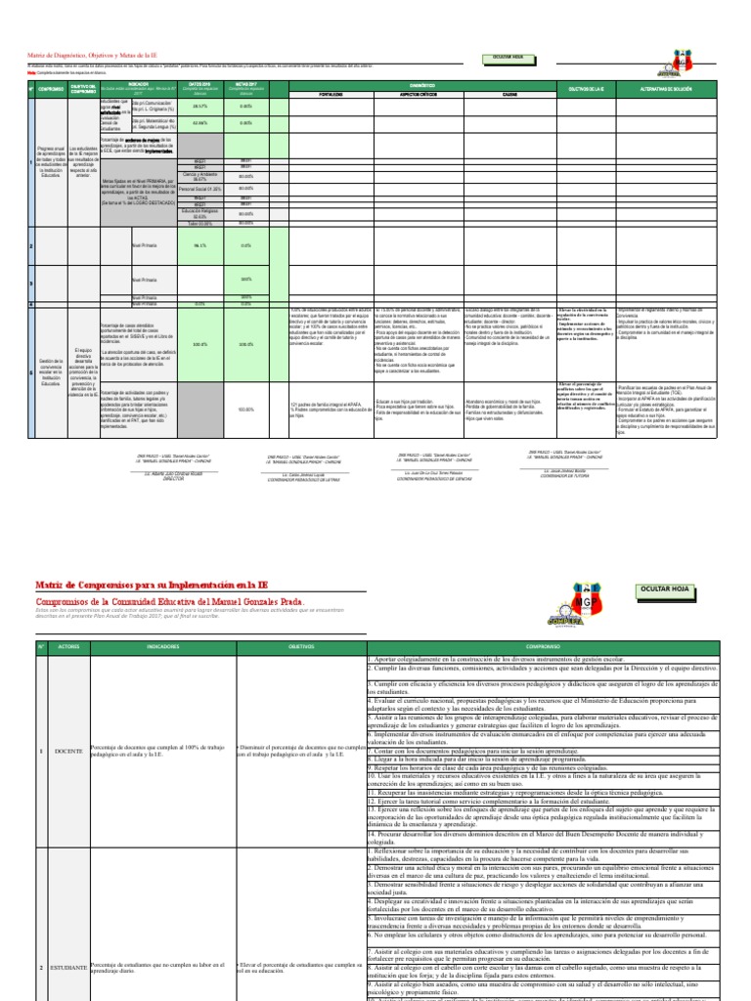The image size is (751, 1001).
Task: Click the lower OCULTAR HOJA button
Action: tap(664, 590)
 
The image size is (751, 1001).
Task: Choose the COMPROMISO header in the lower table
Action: tap(542, 646)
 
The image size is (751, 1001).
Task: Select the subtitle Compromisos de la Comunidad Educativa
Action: tap(170, 601)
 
